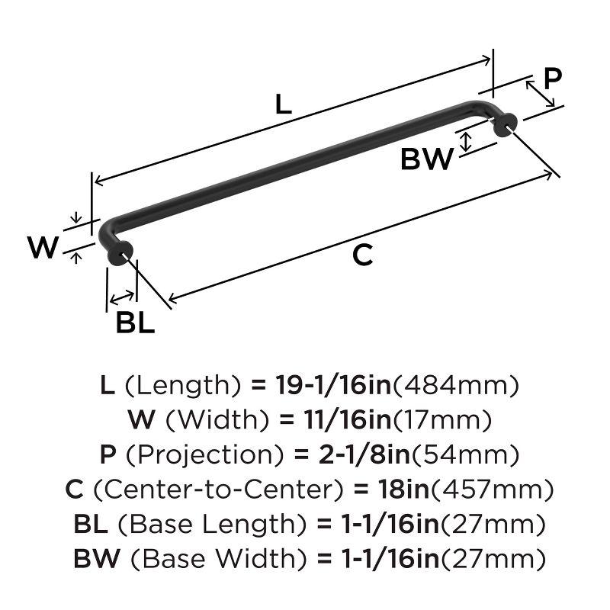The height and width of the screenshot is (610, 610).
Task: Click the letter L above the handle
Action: coord(283,104)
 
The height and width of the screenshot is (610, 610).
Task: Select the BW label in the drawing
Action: coord(427,159)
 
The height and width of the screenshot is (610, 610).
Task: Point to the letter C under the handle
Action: coord(363,255)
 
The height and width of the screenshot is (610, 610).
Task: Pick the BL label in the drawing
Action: coord(135,323)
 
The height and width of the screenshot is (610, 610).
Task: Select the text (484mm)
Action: coord(455,385)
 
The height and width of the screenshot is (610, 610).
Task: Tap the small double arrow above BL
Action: coord(122,297)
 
